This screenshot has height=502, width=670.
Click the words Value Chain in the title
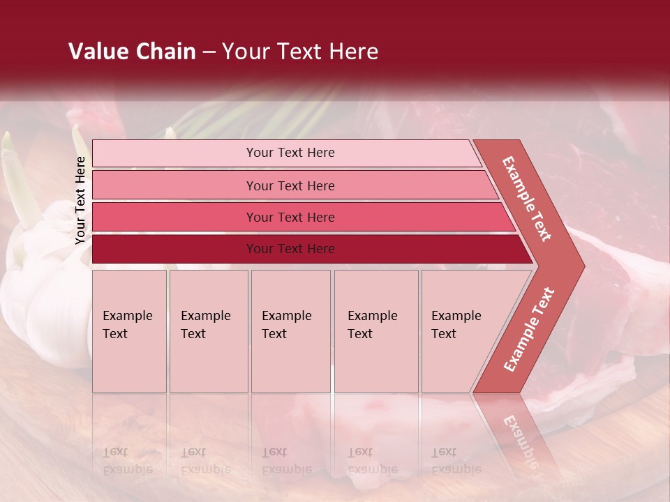(x=132, y=52)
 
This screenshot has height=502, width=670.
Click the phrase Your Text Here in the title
(x=300, y=52)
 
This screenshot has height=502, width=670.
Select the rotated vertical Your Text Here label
(x=80, y=200)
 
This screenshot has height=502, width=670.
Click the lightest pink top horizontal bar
(x=290, y=153)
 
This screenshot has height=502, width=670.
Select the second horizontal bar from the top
(x=290, y=185)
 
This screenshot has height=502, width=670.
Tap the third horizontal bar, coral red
(x=290, y=217)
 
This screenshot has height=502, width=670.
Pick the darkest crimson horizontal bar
(x=290, y=249)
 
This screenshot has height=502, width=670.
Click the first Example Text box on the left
(x=129, y=331)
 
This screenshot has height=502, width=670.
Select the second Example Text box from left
(x=208, y=331)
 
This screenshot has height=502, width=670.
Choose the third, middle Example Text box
(x=290, y=331)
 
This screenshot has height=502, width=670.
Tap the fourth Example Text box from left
(x=375, y=331)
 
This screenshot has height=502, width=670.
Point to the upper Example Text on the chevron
(x=528, y=199)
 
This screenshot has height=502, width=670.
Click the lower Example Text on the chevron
(x=529, y=329)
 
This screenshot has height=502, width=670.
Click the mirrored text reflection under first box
(x=127, y=461)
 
